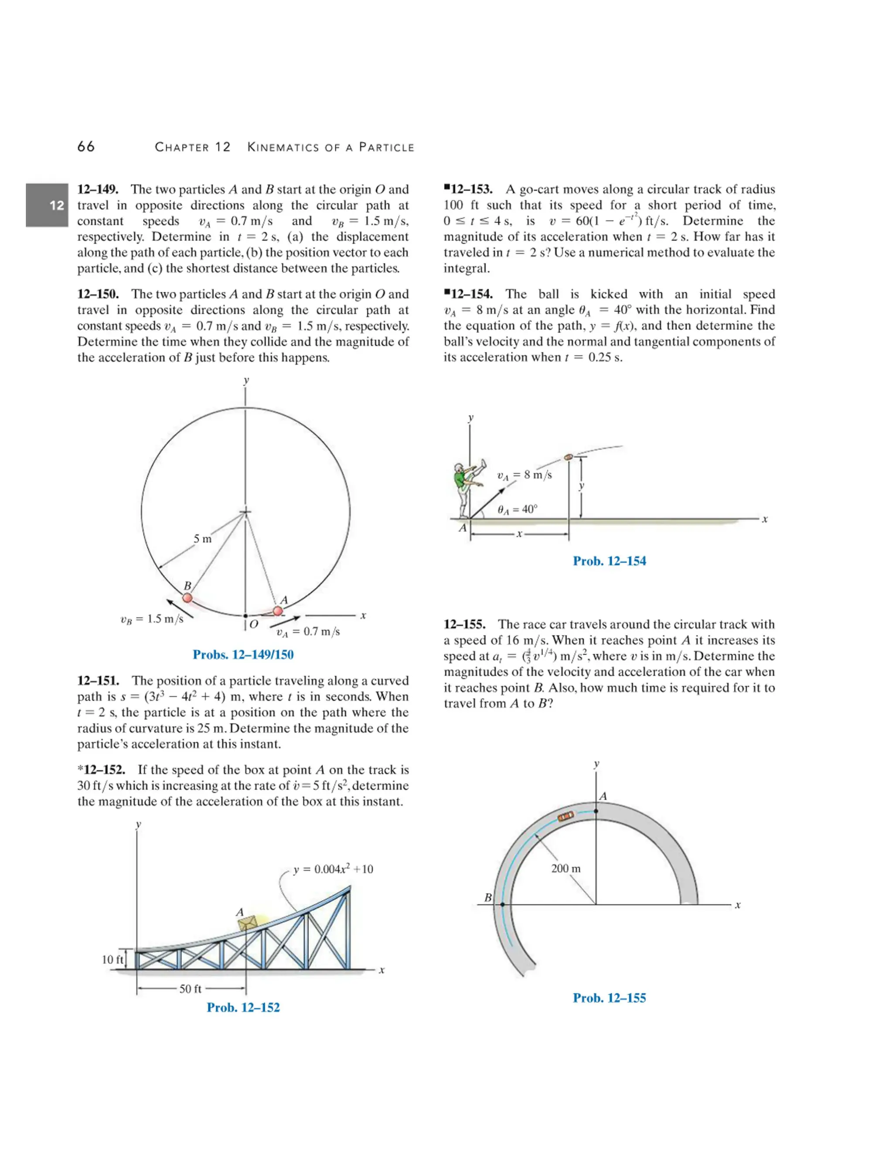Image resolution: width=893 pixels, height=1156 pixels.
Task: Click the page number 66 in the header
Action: (86, 147)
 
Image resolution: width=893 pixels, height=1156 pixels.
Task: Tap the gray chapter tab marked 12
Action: (47, 205)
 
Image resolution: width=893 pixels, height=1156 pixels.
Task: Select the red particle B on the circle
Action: (187, 598)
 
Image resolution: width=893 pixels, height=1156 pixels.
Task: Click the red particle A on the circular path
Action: (278, 611)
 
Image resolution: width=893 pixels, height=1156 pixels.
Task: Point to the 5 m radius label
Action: (202, 539)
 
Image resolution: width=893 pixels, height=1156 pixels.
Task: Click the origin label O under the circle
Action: (253, 624)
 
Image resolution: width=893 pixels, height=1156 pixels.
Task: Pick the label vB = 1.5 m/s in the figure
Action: (152, 619)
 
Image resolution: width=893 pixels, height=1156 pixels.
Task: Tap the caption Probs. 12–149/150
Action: (243, 655)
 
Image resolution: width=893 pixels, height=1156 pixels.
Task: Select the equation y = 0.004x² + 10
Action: (333, 869)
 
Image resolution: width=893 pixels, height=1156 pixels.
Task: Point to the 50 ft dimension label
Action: (191, 989)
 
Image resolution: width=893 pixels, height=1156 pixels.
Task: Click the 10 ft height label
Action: (112, 959)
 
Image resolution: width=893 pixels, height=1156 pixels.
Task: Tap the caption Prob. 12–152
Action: (243, 1007)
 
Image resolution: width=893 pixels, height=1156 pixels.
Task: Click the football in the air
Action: (569, 457)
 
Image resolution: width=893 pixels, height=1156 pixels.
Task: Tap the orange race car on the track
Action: (566, 816)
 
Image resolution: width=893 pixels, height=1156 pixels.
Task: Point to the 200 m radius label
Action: (566, 868)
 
